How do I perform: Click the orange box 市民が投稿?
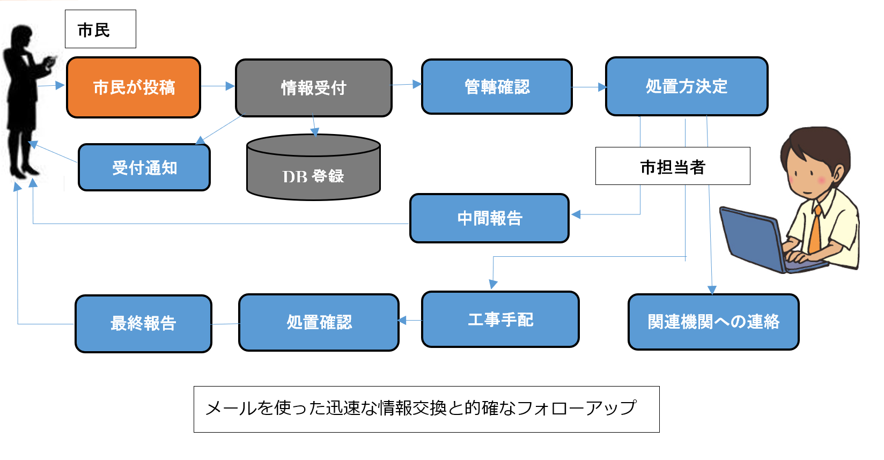pos(134,87)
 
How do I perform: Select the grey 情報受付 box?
pos(314,88)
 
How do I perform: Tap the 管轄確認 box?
pos(497,87)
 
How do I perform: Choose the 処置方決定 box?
pos(687,86)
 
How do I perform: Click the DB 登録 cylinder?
pos(313,168)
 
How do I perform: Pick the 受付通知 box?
pos(144,167)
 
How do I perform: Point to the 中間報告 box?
pos(489,218)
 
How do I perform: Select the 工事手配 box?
pos(500,320)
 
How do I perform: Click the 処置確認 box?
pos(319,322)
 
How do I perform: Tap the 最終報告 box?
pos(143,323)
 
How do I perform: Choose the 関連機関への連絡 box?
pos(713,322)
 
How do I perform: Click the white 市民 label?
pos(100,29)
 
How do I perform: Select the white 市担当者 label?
pos(673,166)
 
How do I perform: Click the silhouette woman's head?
pos(23,36)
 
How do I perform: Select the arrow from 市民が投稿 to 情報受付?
pos(218,86)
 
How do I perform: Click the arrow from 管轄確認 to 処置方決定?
pos(589,87)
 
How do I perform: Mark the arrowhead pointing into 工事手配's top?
pos(493,285)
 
